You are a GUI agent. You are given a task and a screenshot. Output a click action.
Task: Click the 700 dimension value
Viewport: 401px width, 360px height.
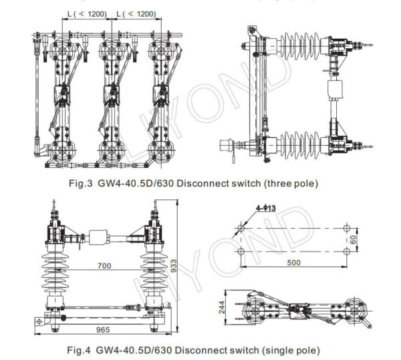point(102,266)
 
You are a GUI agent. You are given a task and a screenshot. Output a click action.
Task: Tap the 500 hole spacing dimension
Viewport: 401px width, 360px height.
point(293,262)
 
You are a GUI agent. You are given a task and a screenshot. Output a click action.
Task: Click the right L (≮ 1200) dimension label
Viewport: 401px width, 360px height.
point(137,13)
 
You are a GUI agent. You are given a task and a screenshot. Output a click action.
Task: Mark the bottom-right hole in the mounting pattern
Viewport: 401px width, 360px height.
point(347,251)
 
